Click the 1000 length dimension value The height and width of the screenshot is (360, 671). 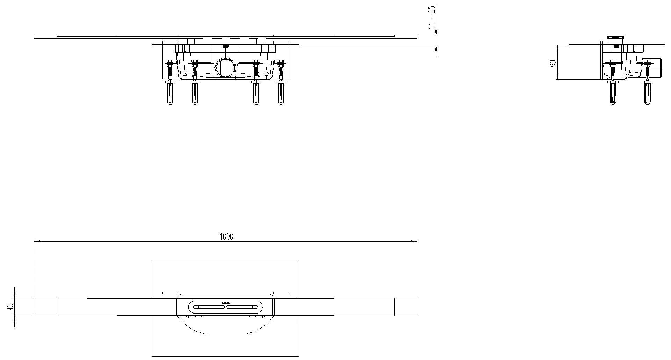pos(226,237)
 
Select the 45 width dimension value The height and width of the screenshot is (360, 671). pos(10,307)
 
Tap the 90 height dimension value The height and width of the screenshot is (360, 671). pos(553,64)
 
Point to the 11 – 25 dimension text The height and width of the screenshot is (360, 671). pos(432,17)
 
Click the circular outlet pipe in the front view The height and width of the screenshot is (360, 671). pos(225,67)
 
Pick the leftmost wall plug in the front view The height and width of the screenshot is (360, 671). pos(170,92)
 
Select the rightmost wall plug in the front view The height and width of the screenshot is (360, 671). pos(280,92)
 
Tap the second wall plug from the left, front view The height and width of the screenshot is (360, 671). pos(194,92)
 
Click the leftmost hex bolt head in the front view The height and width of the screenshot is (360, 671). pos(170,63)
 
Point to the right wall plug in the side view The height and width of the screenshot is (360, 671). pos(648,92)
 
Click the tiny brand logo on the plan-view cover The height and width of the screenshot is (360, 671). pos(225,303)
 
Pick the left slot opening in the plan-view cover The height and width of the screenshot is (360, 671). pos(211,307)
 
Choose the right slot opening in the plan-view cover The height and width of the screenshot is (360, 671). pos(240,307)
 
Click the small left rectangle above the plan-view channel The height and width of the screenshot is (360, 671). pos(170,293)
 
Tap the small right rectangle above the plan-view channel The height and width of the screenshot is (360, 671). pos(281,293)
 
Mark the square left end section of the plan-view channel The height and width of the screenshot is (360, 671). pos(45,307)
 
